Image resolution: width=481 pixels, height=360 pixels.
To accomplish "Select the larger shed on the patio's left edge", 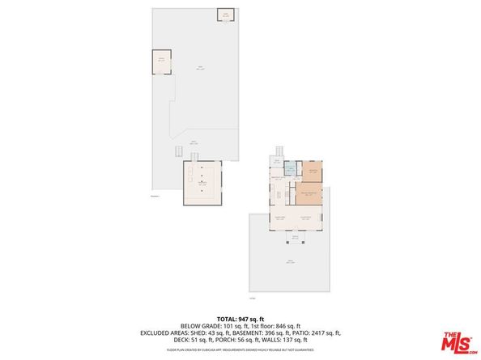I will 162,61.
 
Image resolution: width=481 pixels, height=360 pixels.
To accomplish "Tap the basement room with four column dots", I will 202,184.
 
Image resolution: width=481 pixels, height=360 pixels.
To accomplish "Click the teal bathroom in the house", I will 288,172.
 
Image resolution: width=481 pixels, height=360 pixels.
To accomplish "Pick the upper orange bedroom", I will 312,172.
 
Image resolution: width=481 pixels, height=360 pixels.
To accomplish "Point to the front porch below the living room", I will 295,236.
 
